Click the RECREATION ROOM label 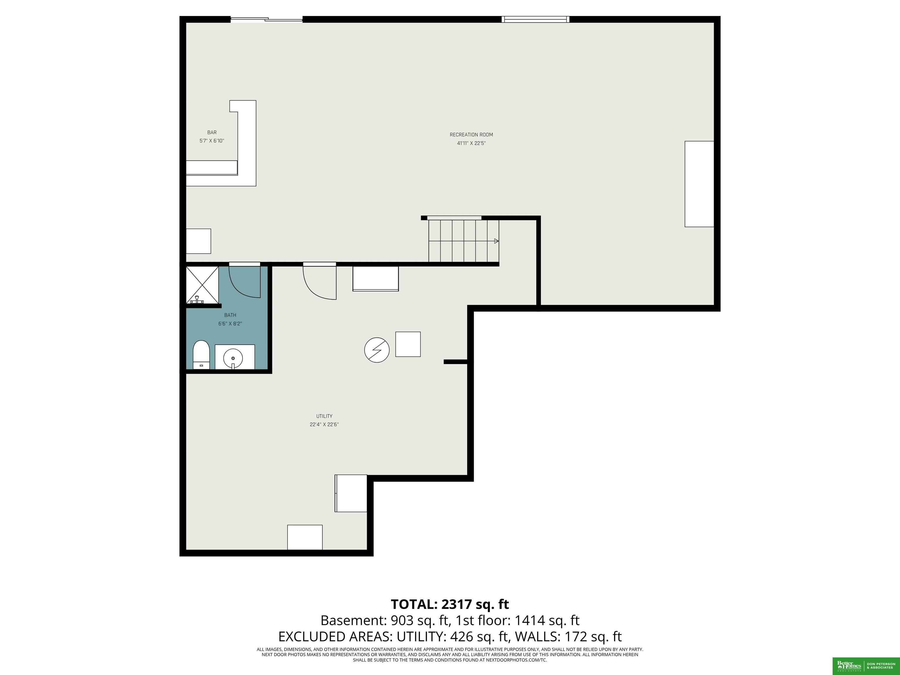click(471, 135)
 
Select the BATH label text click(230, 315)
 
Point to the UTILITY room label click(324, 416)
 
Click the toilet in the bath click(201, 355)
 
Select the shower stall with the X click(202, 285)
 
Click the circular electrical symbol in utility click(377, 350)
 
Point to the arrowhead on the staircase click(496, 241)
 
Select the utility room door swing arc click(311, 290)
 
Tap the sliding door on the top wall click(267, 19)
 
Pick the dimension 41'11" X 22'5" click(471, 143)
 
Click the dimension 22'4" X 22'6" click(324, 425)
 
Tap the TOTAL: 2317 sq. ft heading click(450, 604)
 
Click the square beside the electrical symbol click(408, 344)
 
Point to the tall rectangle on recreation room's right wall click(699, 184)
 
